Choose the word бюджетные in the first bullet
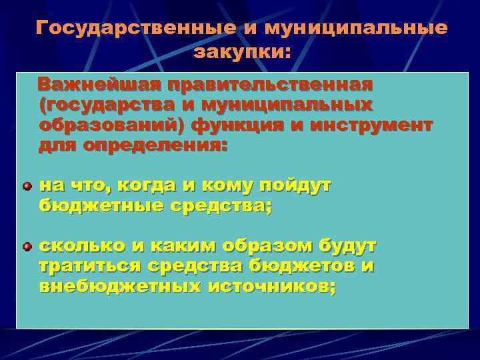tap(98, 206)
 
